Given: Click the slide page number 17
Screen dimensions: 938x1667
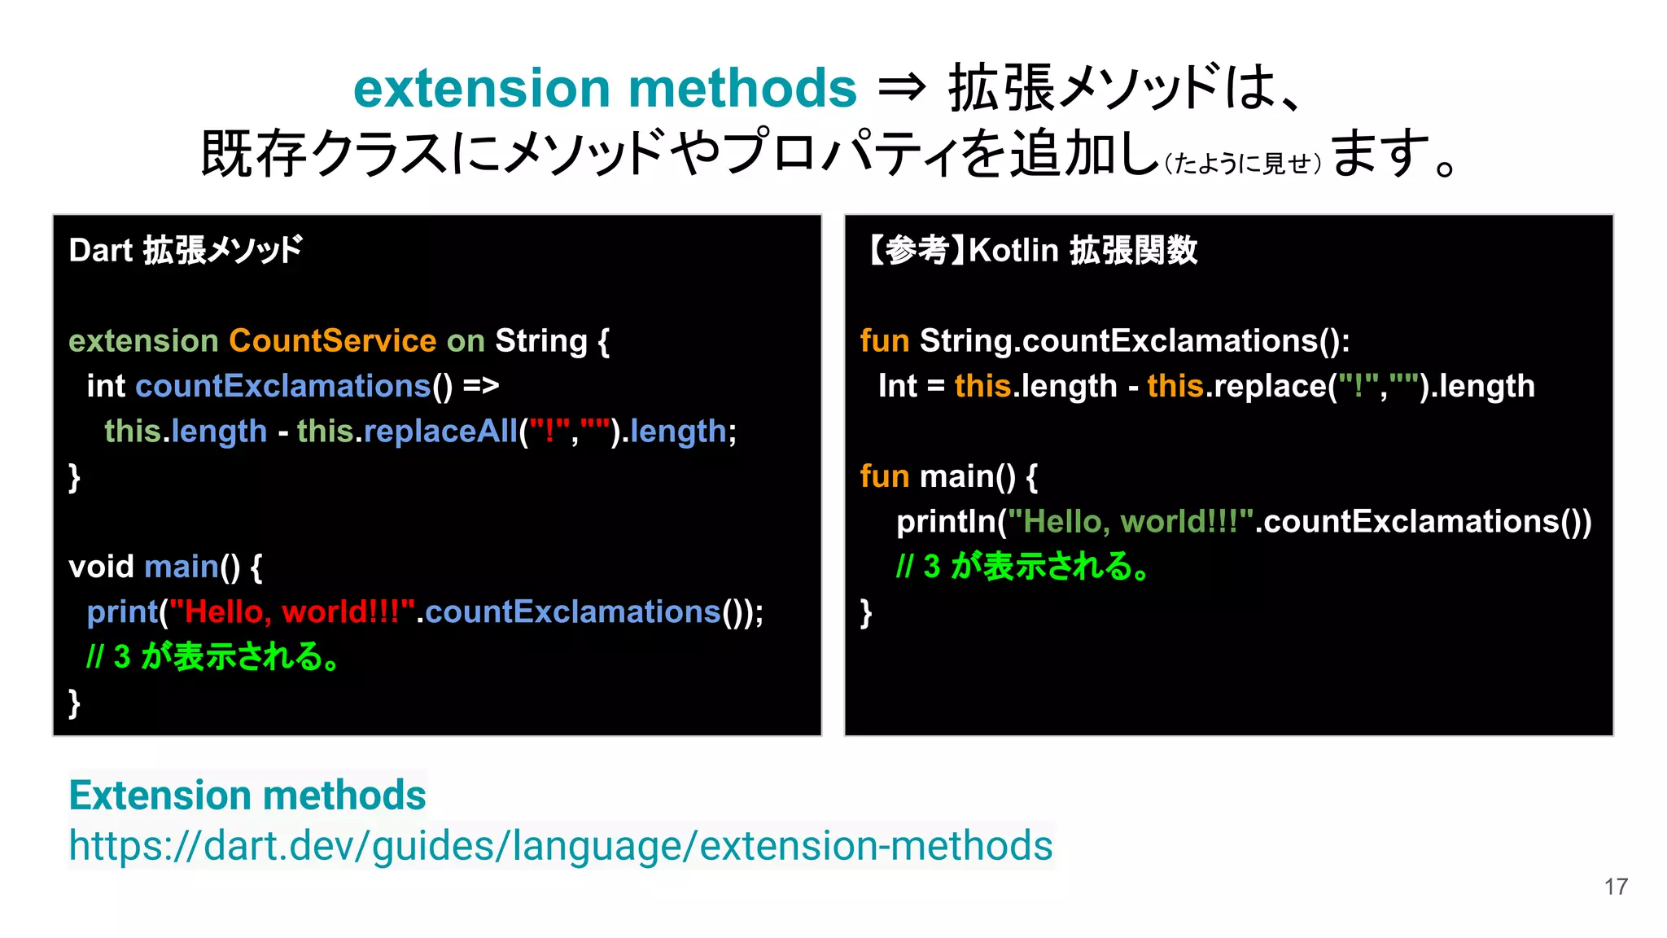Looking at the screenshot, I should coord(1616,887).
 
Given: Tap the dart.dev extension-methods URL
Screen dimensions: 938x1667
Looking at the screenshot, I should coord(560,845).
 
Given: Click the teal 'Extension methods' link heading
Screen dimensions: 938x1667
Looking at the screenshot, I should coord(247,795).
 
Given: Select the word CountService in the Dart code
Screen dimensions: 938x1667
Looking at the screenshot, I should coord(332,340).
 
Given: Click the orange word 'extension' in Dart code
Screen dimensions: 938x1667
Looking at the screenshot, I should coord(143,340).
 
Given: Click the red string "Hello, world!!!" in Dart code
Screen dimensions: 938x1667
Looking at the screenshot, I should coord(291,611).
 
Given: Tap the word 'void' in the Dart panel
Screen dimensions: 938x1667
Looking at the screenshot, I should coord(101,566).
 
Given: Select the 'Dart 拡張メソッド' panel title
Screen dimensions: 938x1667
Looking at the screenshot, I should coord(186,250).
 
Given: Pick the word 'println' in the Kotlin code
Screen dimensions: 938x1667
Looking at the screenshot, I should coord(946,521).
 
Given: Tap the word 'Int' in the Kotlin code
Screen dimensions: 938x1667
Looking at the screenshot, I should coord(897,386).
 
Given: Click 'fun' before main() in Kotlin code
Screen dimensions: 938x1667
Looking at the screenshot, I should coord(884,476).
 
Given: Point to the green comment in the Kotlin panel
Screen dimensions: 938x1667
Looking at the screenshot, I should coord(1022,566).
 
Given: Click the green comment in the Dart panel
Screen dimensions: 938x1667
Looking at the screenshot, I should coord(213,656).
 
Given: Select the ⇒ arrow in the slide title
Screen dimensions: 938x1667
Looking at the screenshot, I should coord(902,87).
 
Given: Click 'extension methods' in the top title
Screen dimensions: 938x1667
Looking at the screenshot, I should coord(605,87).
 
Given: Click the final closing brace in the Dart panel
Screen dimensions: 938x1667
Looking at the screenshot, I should coord(75,702).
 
